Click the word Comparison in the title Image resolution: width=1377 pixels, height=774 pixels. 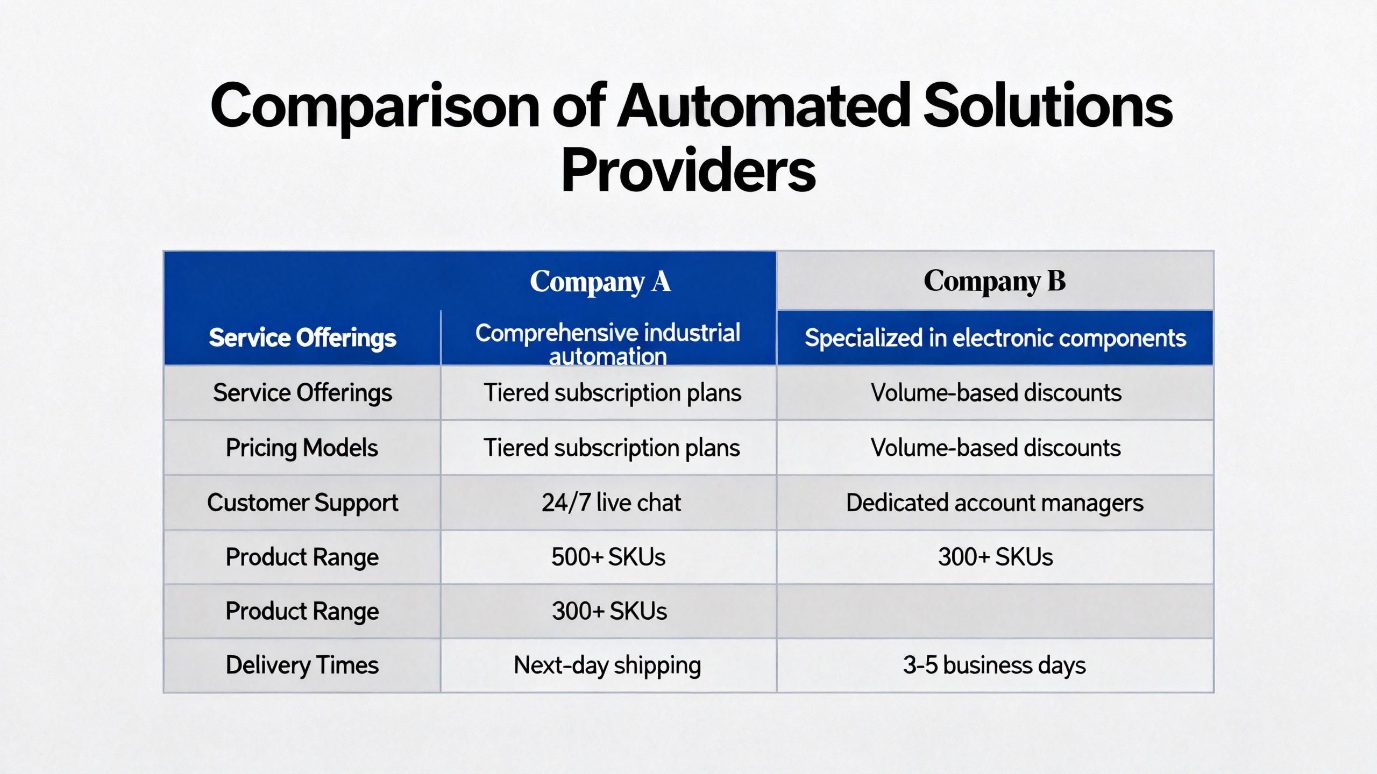tap(375, 107)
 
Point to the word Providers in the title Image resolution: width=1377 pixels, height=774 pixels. tap(688, 170)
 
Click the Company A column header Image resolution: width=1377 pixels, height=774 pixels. tap(600, 282)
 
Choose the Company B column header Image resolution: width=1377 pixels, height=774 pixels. tap(995, 282)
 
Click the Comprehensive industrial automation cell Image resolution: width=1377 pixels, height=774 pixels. tap(608, 344)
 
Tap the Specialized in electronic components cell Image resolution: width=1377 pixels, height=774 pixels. tap(995, 338)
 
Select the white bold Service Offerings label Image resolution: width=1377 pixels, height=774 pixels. tap(302, 338)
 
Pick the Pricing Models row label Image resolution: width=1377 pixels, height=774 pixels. tap(302, 448)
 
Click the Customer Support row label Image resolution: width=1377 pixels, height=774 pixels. tap(302, 503)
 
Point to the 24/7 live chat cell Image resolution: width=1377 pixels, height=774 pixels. tap(611, 503)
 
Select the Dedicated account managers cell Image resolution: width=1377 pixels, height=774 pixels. tap(995, 503)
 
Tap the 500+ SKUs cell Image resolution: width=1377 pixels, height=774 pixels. tap(608, 557)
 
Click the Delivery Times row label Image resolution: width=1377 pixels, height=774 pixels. tap(302, 665)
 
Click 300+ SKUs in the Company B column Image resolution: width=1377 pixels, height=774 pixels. tap(995, 557)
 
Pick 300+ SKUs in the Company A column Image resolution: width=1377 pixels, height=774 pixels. tap(609, 611)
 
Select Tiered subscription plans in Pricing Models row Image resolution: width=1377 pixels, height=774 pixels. tap(612, 448)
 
